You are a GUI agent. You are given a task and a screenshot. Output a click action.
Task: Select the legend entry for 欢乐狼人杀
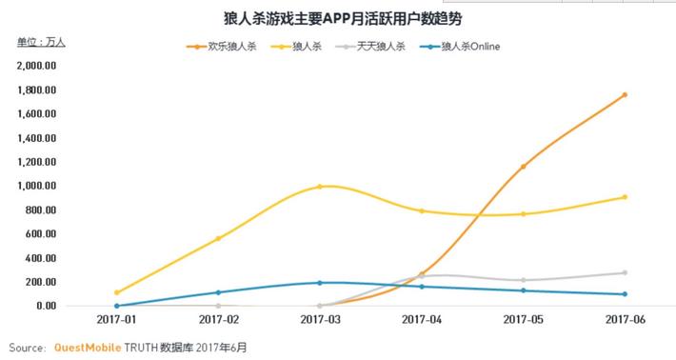pyautogui.click(x=222, y=47)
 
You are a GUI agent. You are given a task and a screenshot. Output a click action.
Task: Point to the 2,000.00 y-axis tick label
pyautogui.click(x=37, y=66)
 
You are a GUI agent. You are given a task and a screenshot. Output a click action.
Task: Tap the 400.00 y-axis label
pyautogui.click(x=42, y=258)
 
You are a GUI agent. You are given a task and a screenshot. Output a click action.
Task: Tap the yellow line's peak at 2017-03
pyautogui.click(x=320, y=187)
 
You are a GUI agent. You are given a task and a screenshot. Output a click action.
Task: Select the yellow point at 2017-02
pyautogui.click(x=218, y=238)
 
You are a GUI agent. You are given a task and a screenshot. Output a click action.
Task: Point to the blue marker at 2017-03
pyautogui.click(x=320, y=283)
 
